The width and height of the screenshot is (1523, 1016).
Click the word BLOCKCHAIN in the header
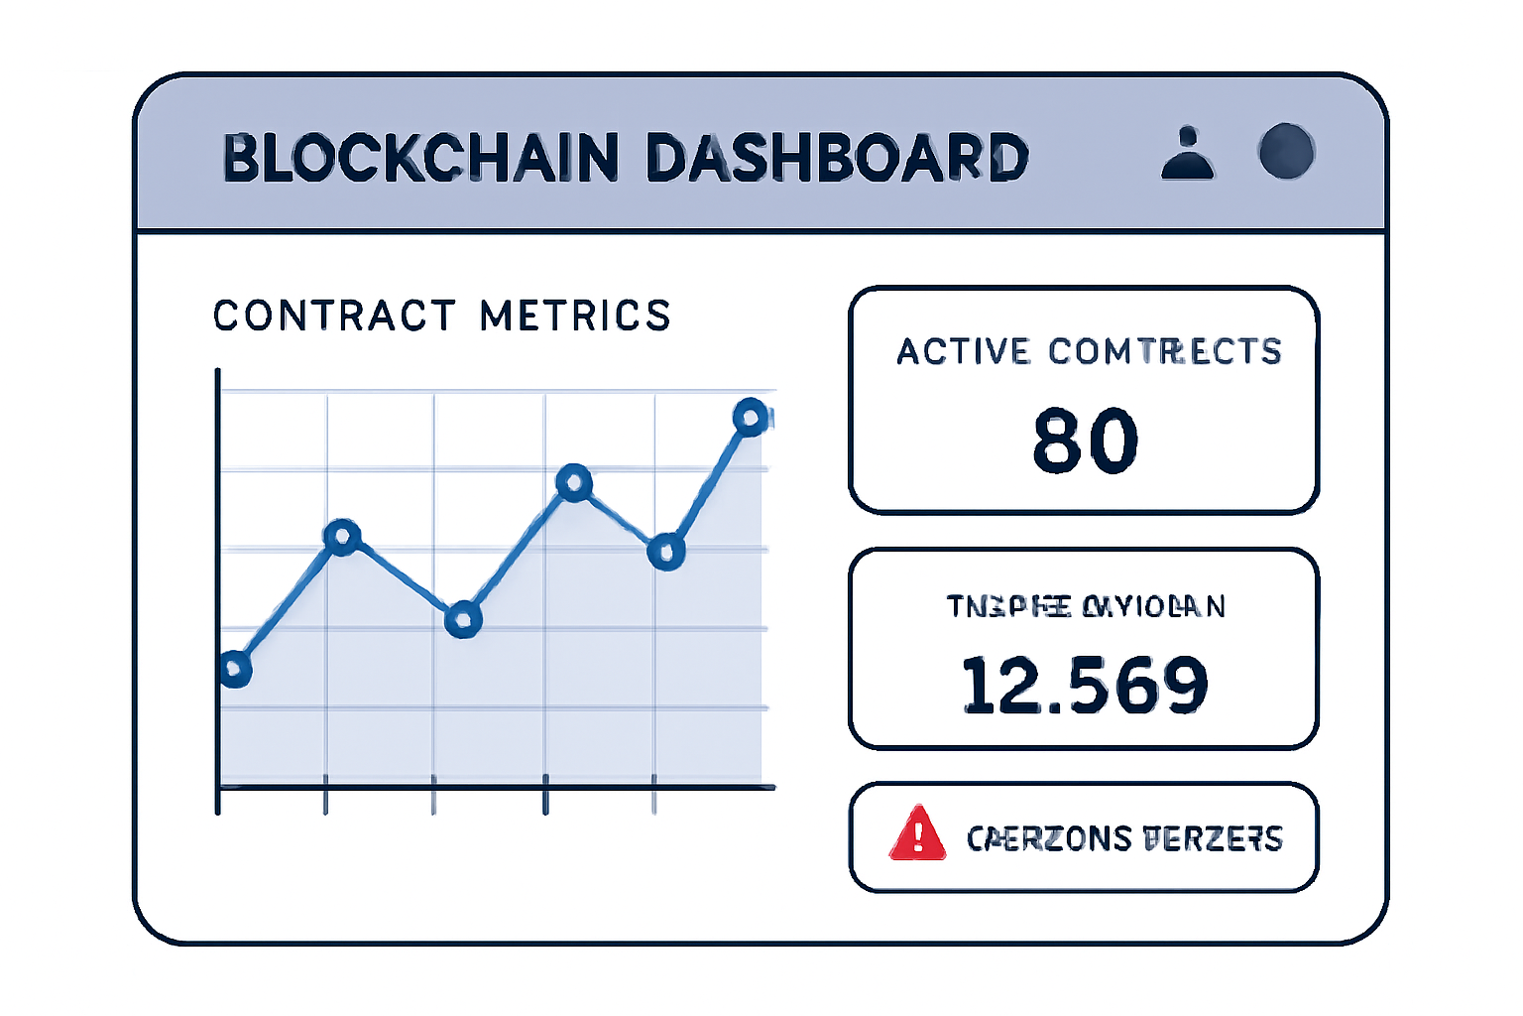pos(420,158)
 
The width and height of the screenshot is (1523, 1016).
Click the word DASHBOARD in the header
pos(838,158)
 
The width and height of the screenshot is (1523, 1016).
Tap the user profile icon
pos(1187,154)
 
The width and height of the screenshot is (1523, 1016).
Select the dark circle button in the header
pos(1286,152)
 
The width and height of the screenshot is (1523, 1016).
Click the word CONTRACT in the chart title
pos(334,317)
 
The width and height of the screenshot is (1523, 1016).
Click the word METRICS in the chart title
pos(575,317)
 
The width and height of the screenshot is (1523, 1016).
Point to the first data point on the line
pos(234,670)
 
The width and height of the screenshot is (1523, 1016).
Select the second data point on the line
pos(342,537)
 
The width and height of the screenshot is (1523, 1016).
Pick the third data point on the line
pos(463,620)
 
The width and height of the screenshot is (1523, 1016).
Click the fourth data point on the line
pos(574,484)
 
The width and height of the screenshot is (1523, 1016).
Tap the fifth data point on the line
pos(666,552)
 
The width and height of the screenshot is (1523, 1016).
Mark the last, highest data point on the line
pos(751,418)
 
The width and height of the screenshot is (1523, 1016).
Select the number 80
pos(1085,441)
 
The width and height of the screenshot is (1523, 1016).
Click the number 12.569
pos(1085,685)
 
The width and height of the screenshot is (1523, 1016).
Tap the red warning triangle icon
pos(917,833)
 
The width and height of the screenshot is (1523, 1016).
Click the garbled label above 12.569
pos(1086,605)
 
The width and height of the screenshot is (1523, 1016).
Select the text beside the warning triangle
pos(1124,838)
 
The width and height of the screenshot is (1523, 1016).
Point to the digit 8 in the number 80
pos(1057,441)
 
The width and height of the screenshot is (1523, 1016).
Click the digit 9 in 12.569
pos(1183,685)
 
